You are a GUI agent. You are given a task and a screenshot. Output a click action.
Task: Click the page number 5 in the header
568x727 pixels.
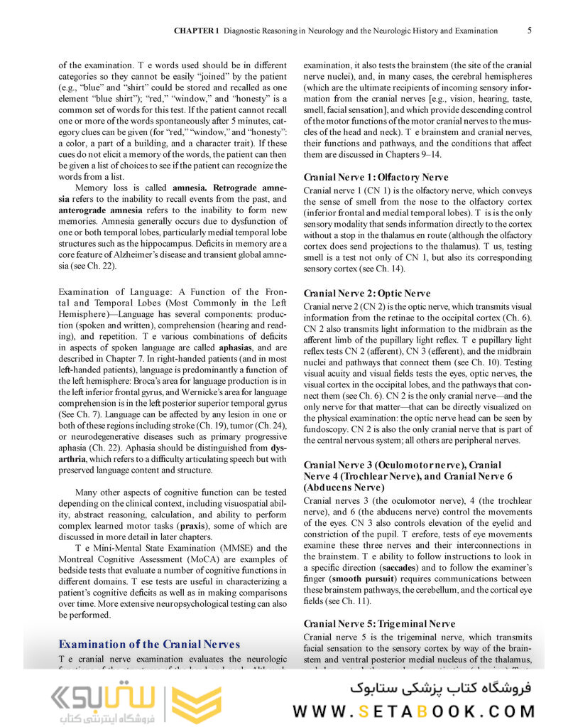(x=530, y=31)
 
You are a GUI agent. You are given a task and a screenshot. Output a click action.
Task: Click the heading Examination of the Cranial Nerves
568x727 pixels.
(x=149, y=644)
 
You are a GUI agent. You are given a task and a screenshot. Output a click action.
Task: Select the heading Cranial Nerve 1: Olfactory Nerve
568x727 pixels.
(x=376, y=177)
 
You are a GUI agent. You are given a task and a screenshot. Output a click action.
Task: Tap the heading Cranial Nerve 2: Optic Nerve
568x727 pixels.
(x=366, y=293)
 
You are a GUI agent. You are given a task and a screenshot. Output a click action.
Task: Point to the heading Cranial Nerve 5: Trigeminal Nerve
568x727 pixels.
(x=379, y=623)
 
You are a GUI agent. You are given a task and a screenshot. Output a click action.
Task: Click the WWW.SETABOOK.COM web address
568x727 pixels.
(x=415, y=711)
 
